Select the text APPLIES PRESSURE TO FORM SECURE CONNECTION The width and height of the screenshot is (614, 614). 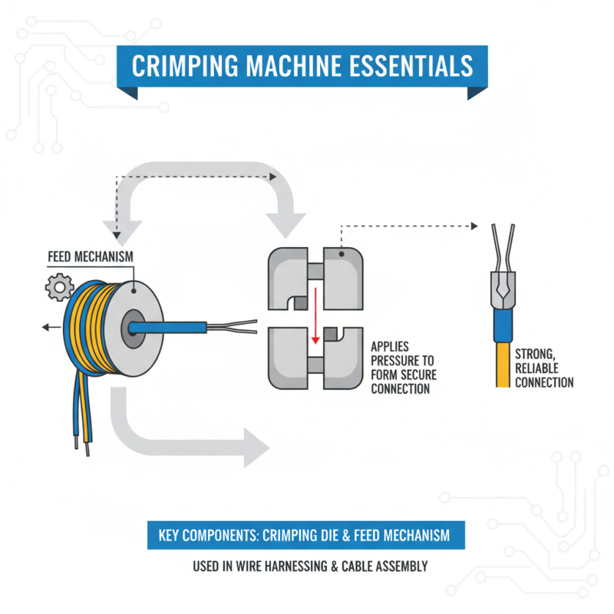pyautogui.click(x=402, y=368)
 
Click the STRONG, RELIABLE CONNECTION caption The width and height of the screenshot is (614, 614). pyautogui.click(x=543, y=368)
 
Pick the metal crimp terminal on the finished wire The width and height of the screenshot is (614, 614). pyautogui.click(x=501, y=288)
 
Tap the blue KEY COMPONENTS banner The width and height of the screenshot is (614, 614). pyautogui.click(x=306, y=535)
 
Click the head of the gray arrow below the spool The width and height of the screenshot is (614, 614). pyautogui.click(x=253, y=446)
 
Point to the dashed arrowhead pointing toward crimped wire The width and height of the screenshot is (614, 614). pyautogui.click(x=474, y=226)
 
